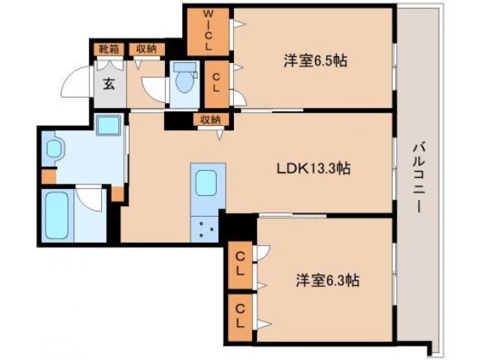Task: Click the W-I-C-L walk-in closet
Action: click(208, 31)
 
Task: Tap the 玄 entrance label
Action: click(109, 83)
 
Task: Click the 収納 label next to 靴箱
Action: click(145, 49)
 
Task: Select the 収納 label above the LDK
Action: click(210, 119)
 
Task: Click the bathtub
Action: click(57, 216)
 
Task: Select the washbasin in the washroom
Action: click(55, 149)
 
